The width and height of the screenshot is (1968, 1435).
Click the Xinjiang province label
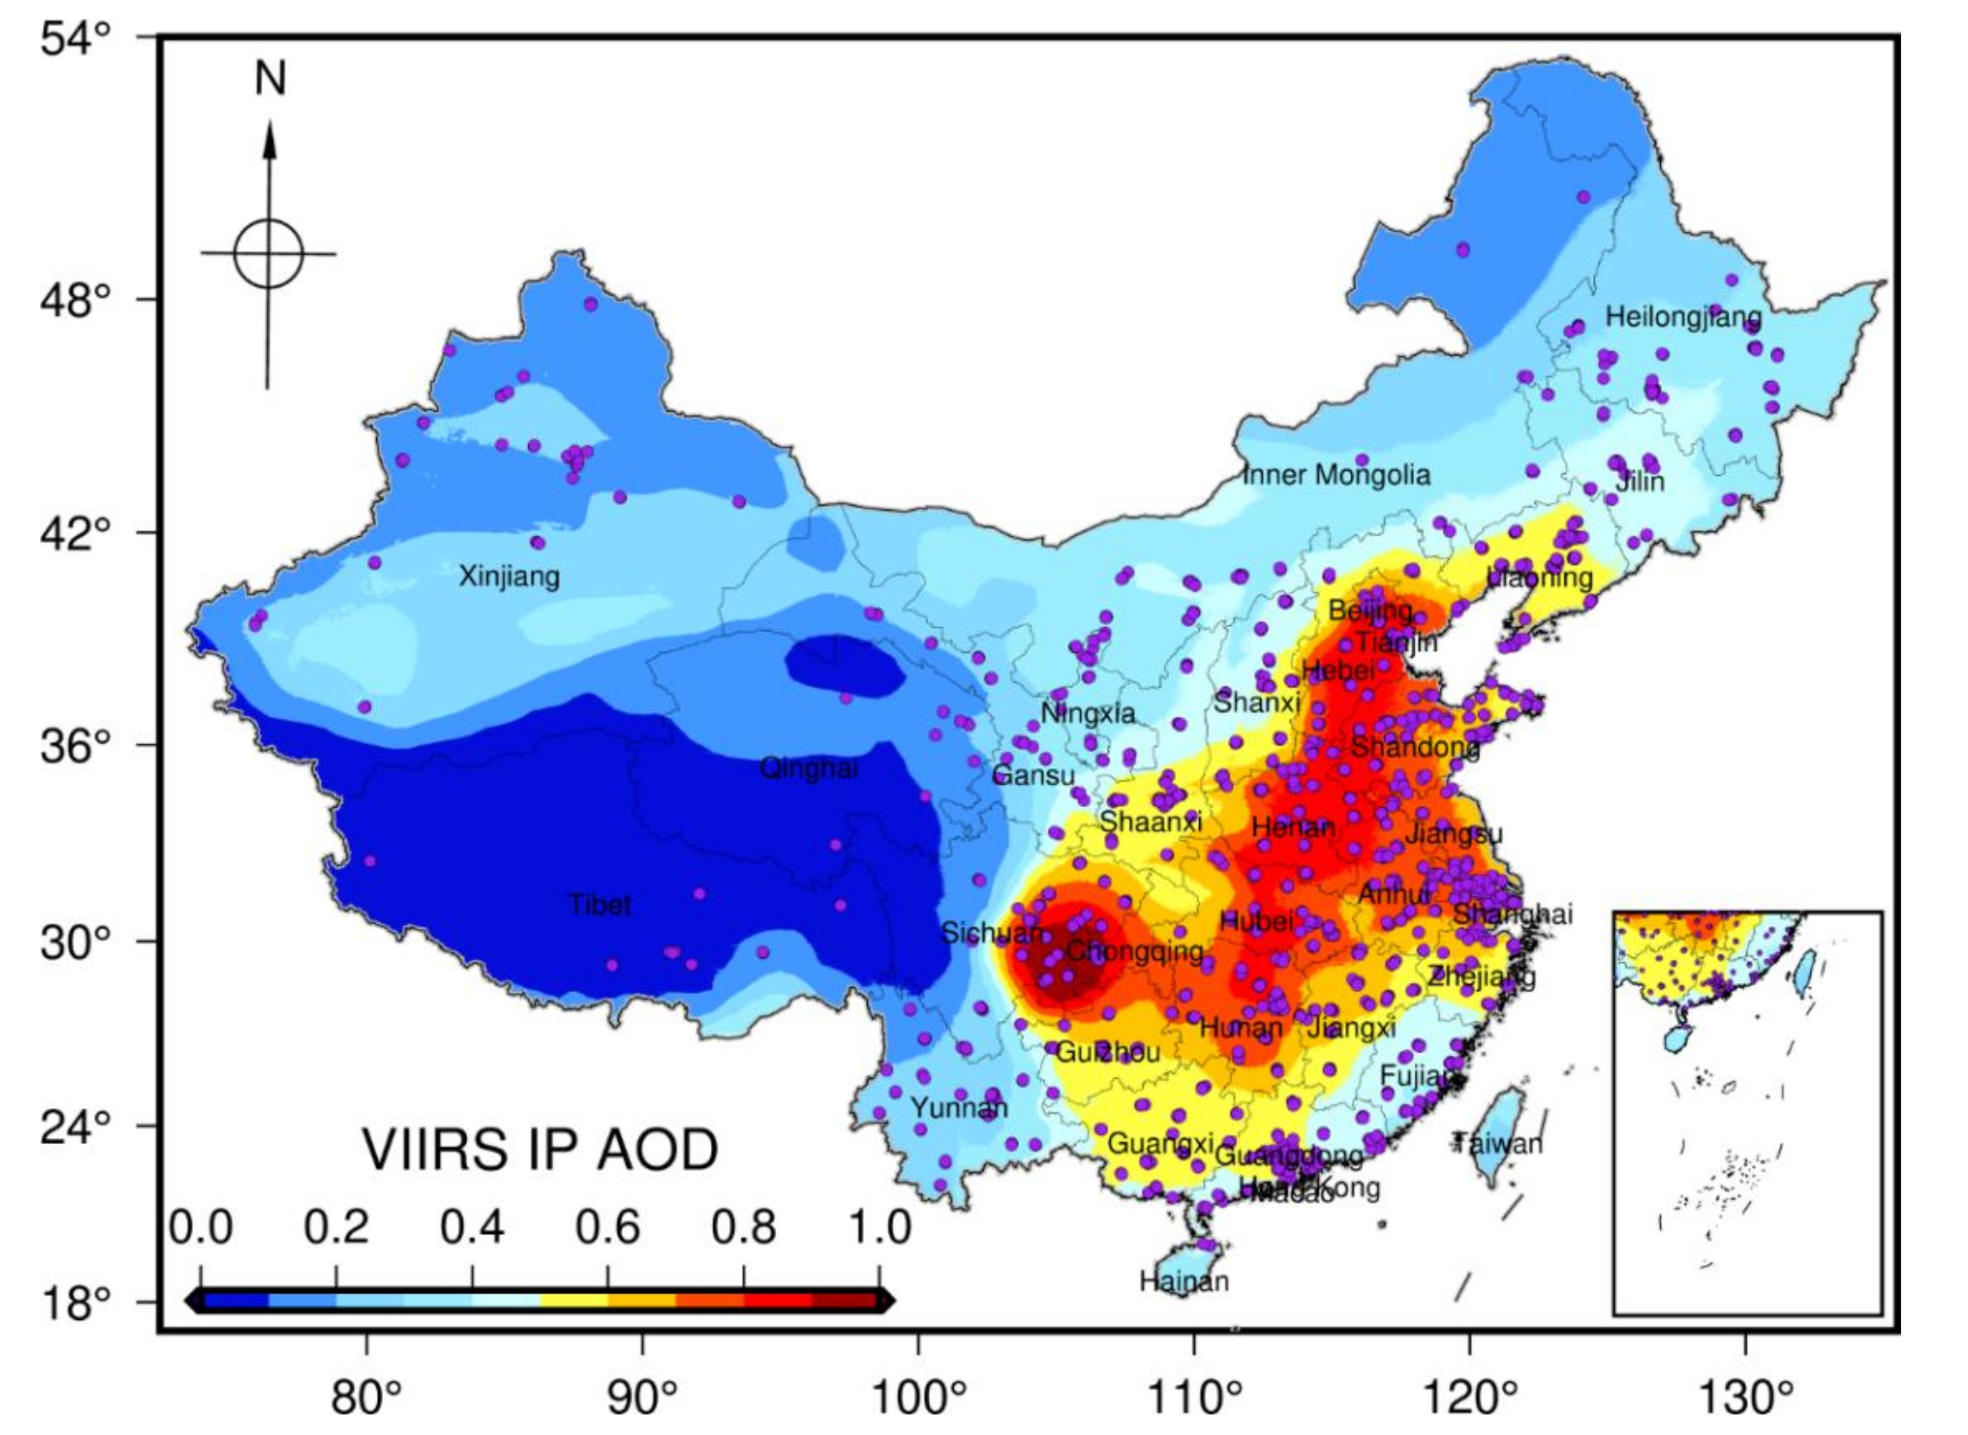pos(509,576)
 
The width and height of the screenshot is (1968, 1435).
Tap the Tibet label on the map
pos(599,905)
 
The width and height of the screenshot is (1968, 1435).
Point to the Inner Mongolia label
pos(1336,475)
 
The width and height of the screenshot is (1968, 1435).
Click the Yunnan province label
pos(959,1108)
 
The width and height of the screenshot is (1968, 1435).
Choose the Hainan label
pos(1184,1280)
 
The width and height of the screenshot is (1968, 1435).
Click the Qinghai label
pos(808,768)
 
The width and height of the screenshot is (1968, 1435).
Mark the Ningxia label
pos(1088,713)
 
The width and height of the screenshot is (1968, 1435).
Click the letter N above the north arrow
pos(270,79)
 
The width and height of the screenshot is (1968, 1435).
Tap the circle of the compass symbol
pos(268,254)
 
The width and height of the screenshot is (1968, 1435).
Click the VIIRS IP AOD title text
pos(540,1151)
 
